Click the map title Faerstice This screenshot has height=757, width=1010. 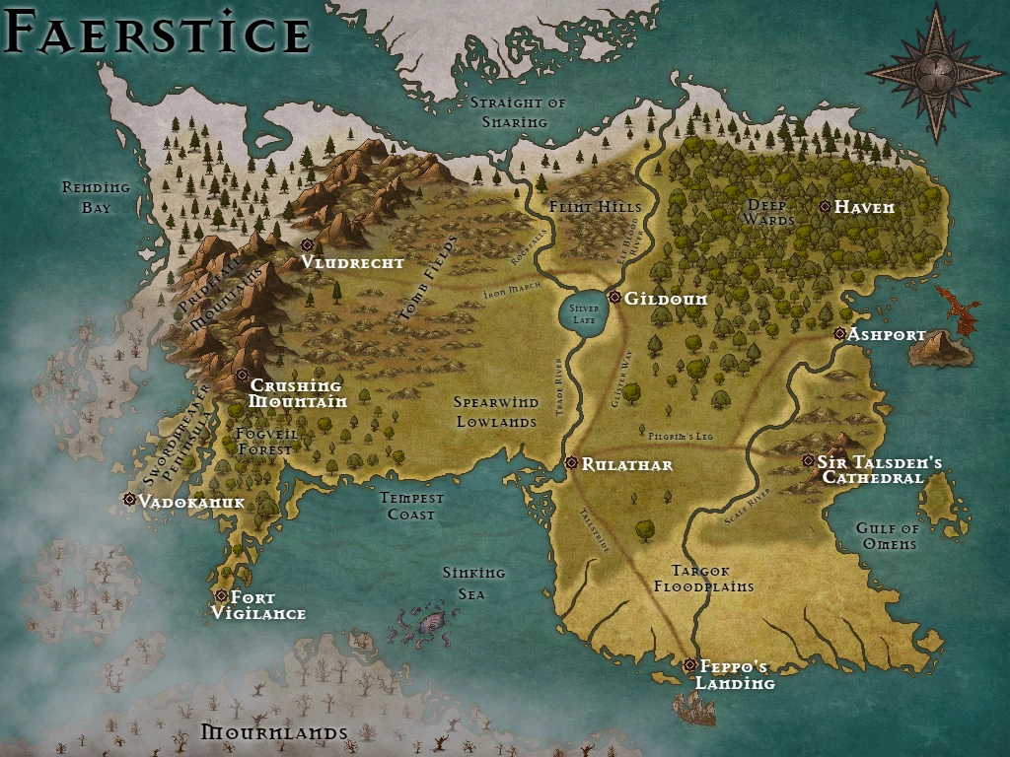pos(158,34)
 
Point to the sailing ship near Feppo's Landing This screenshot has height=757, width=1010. pos(694,708)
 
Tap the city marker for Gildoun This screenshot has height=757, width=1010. pos(614,297)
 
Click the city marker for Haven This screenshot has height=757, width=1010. pos(825,207)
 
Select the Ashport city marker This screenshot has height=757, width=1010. pos(839,334)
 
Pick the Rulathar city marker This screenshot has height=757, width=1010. pos(571,463)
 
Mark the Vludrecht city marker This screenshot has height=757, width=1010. pos(307,244)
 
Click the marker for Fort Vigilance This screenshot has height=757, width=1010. pos(222,596)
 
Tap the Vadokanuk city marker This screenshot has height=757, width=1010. pos(129,500)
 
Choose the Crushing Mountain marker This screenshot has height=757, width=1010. pos(242,375)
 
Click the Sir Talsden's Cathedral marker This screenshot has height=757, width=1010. pos(809,460)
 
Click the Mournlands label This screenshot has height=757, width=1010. pos(274,732)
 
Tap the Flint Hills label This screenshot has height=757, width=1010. pos(595,207)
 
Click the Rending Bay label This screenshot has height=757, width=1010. pos(96,197)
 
